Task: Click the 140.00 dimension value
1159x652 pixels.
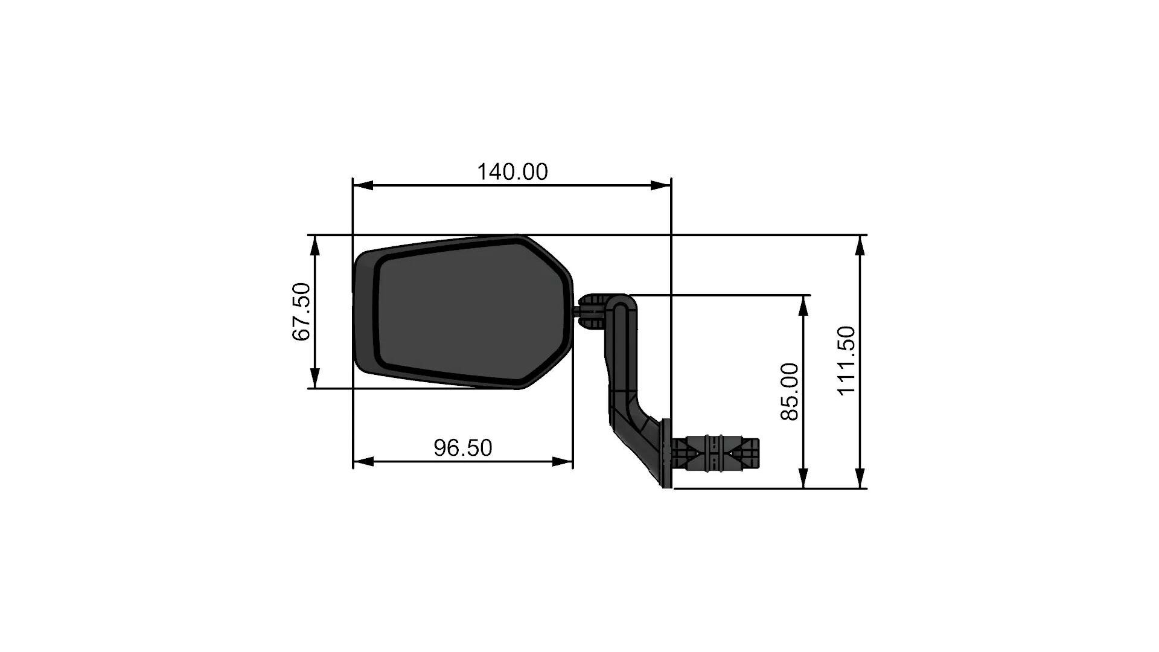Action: (x=512, y=172)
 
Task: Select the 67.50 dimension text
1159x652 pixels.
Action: (x=301, y=312)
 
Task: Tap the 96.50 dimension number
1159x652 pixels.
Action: (x=463, y=447)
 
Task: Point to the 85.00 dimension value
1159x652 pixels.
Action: (x=790, y=391)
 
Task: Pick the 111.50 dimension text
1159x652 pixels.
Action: (x=847, y=360)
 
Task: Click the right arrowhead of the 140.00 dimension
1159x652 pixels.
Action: (x=662, y=185)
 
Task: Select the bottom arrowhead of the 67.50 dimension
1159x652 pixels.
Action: (x=314, y=379)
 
